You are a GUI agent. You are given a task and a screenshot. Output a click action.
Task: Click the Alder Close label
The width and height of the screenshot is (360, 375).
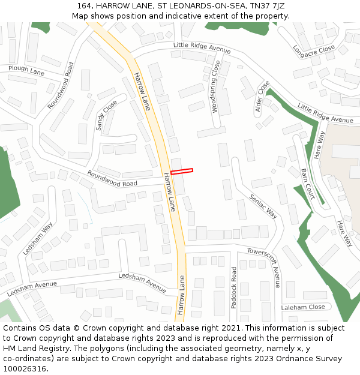pyautogui.click(x=263, y=96)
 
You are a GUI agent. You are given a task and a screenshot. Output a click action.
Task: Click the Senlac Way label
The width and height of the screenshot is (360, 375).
pyautogui.click(x=263, y=205)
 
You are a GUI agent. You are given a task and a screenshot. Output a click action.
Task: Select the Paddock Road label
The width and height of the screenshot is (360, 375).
pyautogui.click(x=234, y=288)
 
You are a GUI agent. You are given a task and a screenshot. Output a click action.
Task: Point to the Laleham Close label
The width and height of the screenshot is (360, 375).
pyautogui.click(x=303, y=307)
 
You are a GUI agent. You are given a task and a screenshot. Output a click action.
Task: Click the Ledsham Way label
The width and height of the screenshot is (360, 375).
pyautogui.click(x=38, y=239)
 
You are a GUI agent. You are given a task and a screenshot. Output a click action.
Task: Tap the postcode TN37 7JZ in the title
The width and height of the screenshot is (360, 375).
pyautogui.click(x=265, y=6)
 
